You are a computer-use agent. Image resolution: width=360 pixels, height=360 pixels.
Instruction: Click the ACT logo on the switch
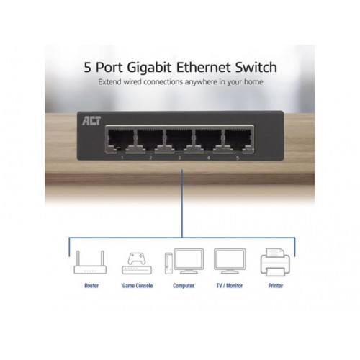coord(91,121)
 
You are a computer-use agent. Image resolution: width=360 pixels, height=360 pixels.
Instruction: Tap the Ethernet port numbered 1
coord(121,140)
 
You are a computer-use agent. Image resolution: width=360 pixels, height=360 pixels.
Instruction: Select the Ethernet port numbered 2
coord(150,140)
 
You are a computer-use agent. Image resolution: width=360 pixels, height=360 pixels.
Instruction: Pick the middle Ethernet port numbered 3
coord(179,140)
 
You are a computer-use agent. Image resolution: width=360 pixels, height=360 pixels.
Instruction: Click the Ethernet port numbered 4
coord(209,140)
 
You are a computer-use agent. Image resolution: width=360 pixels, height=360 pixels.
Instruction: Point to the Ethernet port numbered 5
coord(238,140)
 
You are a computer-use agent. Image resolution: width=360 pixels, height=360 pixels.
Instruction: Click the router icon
coord(90,262)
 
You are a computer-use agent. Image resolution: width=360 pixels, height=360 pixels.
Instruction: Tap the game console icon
coord(137,264)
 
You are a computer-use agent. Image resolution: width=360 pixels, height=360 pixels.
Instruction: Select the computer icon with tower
coord(184,261)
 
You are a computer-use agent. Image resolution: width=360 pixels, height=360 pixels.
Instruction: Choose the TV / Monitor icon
coord(230,261)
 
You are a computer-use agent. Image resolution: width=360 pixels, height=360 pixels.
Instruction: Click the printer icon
coord(275,262)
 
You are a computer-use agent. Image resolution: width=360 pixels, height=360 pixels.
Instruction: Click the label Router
coord(91,286)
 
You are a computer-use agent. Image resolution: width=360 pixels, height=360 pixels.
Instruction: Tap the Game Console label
coord(138,286)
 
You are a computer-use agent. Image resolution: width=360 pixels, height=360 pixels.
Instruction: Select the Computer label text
coord(184,286)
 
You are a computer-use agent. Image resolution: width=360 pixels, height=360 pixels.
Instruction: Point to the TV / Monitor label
coord(230,286)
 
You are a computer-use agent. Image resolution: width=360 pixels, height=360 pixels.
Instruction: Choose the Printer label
coord(276,286)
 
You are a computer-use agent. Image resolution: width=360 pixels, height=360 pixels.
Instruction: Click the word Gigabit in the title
coord(149,68)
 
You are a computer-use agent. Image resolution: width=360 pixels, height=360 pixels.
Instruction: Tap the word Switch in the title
coord(256,67)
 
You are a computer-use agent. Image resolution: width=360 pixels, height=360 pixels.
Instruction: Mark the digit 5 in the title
coord(88,68)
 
